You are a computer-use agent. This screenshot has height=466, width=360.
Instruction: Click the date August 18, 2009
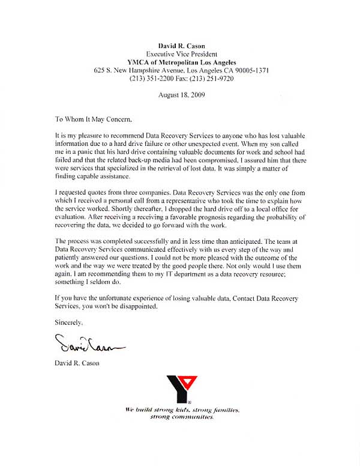[179, 95]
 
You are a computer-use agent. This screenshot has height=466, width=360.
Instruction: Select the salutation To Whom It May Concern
[92, 119]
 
